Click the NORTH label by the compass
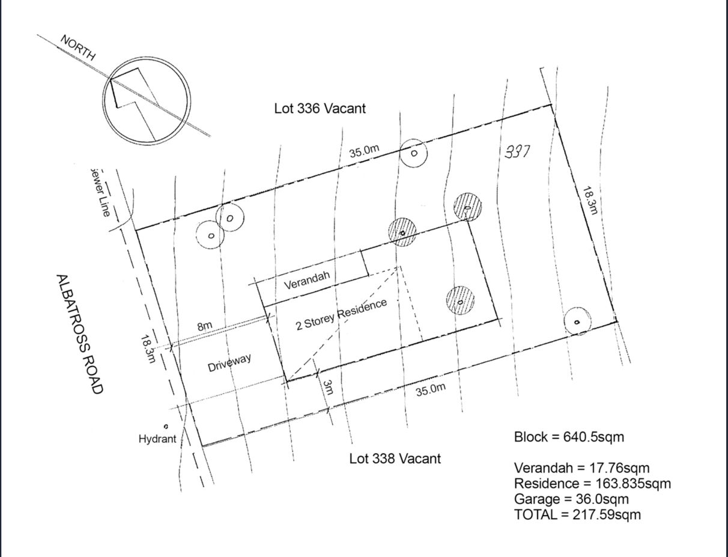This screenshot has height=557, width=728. tap(78, 47)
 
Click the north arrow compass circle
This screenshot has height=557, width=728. tap(146, 100)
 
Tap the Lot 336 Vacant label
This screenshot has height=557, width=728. tap(320, 109)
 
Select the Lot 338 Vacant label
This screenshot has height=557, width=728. tap(395, 458)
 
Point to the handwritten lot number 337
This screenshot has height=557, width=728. tap(517, 151)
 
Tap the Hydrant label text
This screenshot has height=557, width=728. tap(157, 439)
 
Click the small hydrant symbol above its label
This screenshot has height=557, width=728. tap(166, 426)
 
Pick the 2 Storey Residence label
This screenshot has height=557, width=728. tap(341, 315)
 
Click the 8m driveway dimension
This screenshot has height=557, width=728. tap(205, 326)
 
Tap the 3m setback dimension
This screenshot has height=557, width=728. tap(327, 387)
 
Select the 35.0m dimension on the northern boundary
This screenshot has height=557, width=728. tap(364, 150)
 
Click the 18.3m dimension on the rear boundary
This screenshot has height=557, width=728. tap(590, 199)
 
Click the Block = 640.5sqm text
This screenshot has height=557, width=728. tap(569, 437)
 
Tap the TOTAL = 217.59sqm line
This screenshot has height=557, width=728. tap(577, 514)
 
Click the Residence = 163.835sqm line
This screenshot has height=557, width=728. tap(592, 483)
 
